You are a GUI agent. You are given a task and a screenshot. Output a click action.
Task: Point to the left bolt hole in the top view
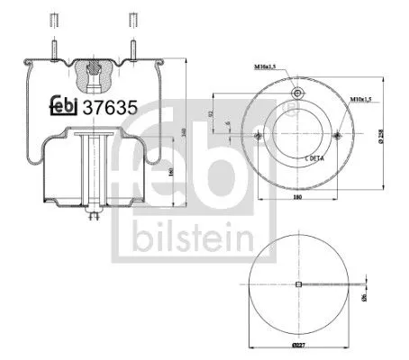[x=259, y=135]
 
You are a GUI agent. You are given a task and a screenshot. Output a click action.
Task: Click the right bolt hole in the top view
[x=336, y=135]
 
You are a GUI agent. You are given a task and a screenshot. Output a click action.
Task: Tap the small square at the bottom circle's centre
[x=297, y=286]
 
